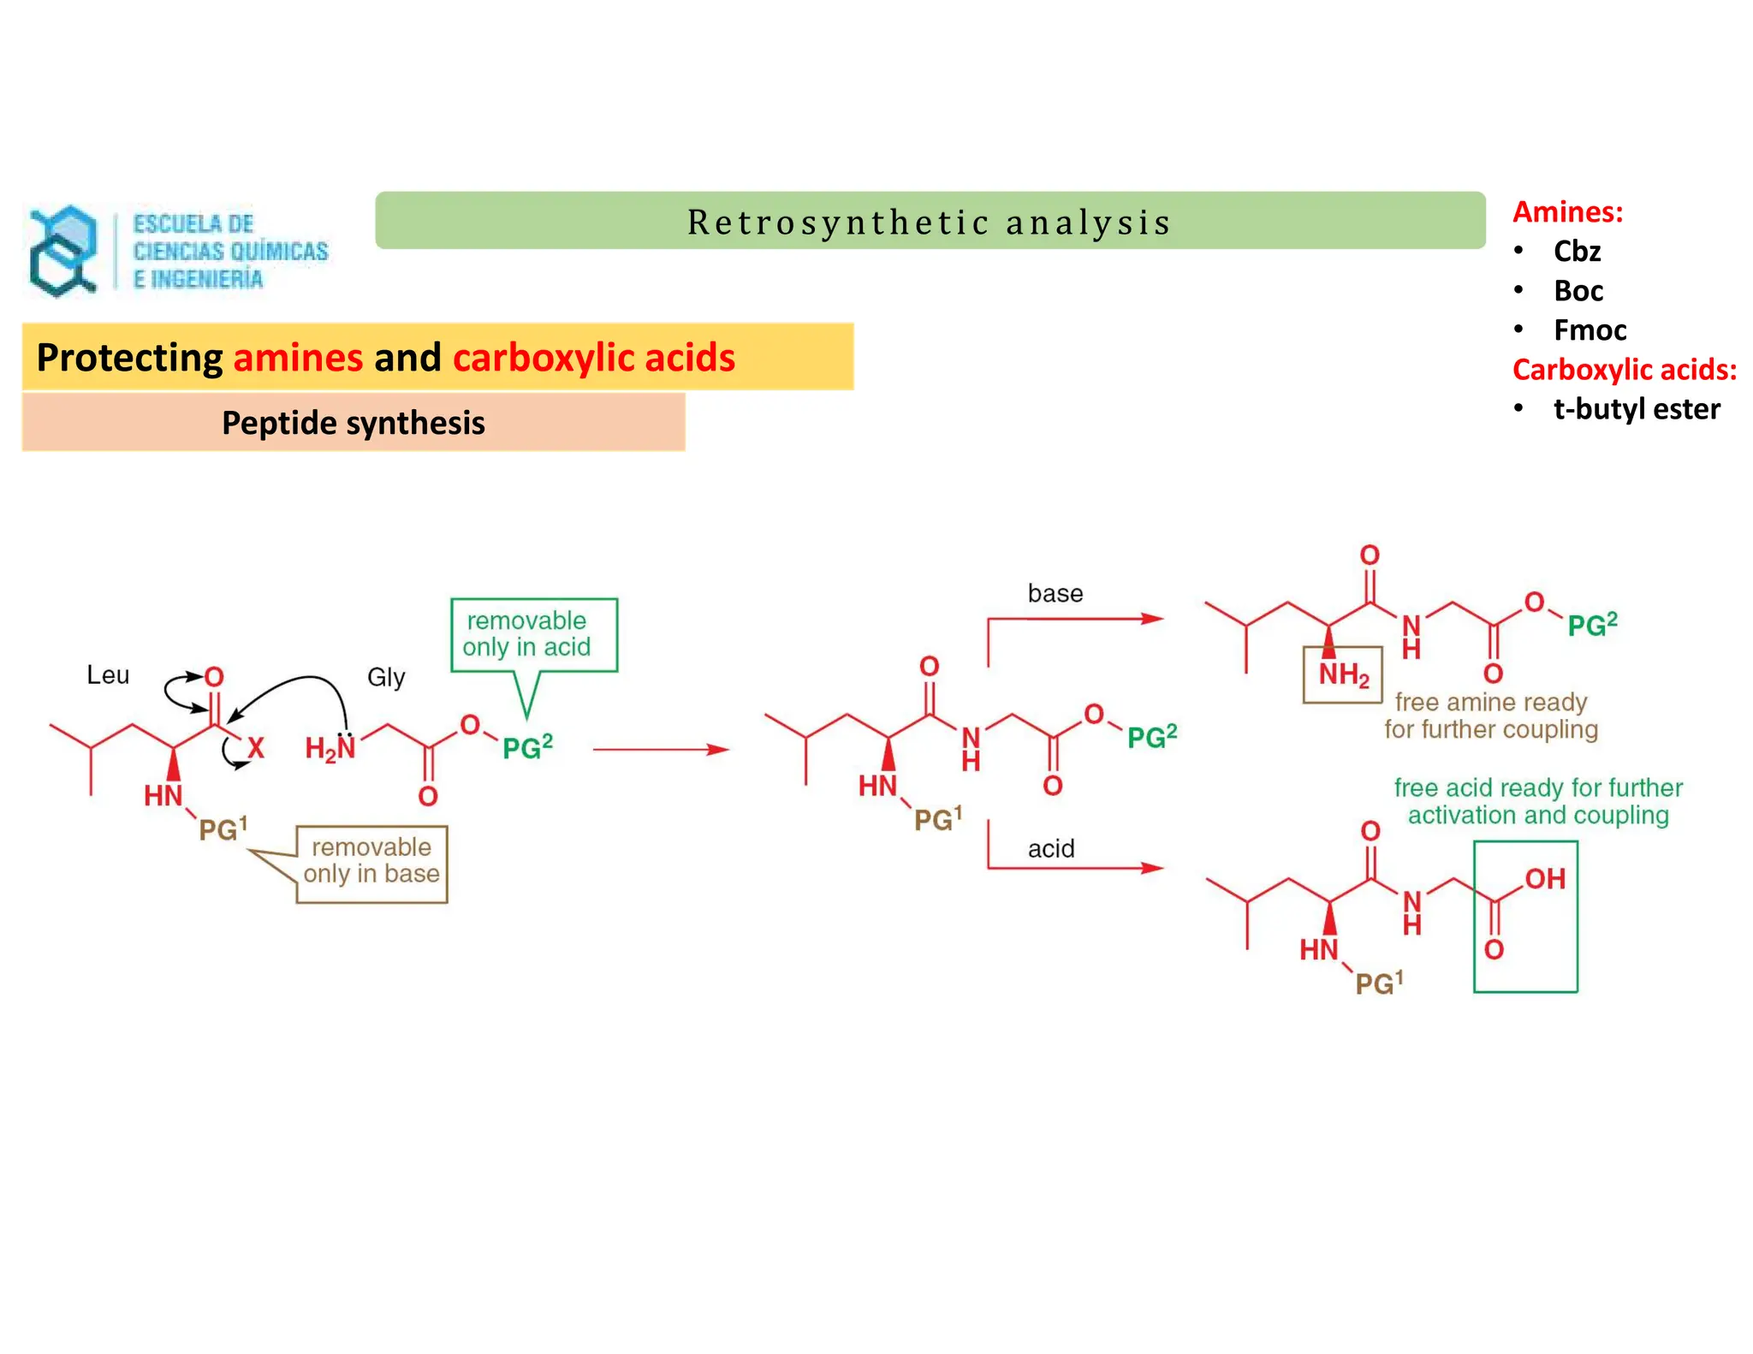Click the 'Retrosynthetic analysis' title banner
(930, 222)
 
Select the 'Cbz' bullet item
(1577, 252)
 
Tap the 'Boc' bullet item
(1578, 291)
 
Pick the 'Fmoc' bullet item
(1590, 330)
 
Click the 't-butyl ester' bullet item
(1636, 409)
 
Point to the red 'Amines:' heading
(1567, 211)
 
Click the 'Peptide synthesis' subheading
(353, 423)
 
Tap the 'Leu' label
(108, 675)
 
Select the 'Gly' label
(386, 678)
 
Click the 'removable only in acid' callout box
(533, 634)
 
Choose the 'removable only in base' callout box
(371, 862)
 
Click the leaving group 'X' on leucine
(256, 749)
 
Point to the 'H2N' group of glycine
(330, 749)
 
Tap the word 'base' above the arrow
(1055, 594)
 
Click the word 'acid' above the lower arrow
(1051, 849)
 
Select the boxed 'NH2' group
(1342, 675)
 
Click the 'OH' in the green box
(1544, 879)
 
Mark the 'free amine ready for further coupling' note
(1491, 716)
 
